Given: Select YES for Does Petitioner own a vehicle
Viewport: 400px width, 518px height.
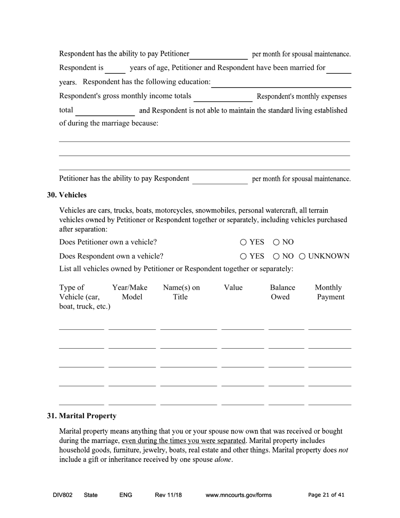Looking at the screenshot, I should (243, 242).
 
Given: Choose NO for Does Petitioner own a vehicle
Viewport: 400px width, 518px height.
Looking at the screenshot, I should (276, 242).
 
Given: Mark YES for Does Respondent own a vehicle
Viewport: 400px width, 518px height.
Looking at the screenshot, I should (243, 256).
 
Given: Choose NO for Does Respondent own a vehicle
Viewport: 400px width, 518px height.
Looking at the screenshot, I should (276, 256).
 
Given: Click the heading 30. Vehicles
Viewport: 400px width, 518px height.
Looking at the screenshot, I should (67, 195).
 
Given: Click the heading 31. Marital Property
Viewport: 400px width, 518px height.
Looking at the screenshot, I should (82, 416).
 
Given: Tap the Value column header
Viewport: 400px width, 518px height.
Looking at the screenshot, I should (233, 288).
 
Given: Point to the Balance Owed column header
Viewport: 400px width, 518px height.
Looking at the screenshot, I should (282, 292).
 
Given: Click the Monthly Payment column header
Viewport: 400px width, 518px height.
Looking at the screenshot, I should (330, 292).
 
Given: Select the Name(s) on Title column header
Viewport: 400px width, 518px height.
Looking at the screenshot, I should (181, 292).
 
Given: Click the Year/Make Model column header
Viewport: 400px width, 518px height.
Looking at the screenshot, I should (130, 292).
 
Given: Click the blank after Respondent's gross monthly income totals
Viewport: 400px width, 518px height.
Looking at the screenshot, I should (223, 97).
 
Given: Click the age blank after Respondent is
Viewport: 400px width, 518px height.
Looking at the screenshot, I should (115, 69).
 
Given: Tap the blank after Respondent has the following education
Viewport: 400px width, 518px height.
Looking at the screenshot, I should (281, 83).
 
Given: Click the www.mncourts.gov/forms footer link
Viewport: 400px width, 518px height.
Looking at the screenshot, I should (238, 495).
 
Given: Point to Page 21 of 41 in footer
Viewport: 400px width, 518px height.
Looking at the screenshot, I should (326, 495).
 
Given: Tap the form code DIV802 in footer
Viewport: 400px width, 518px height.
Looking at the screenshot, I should (63, 495).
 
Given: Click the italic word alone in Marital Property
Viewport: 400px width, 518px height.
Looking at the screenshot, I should (223, 459).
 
